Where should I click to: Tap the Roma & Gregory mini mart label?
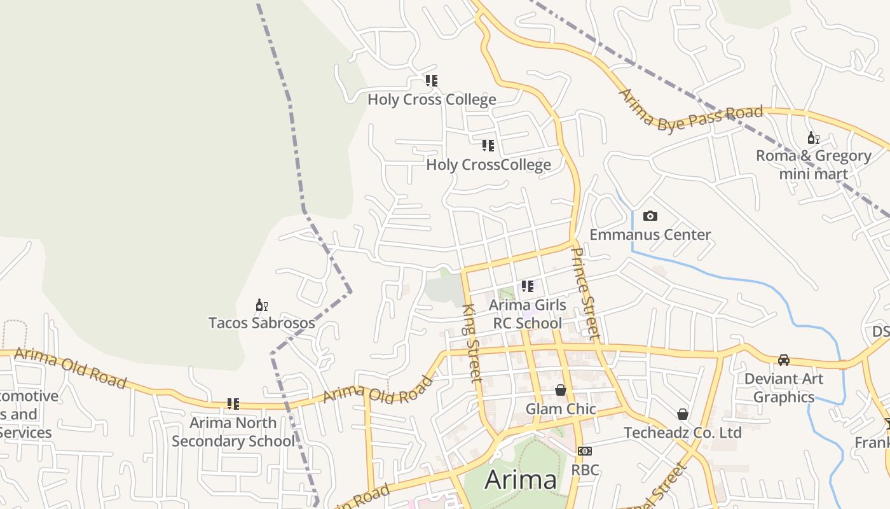click(x=813, y=165)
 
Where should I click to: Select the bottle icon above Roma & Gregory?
click(x=813, y=137)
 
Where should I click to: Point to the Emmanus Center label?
click(x=650, y=235)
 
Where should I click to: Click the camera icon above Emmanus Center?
click(x=650, y=216)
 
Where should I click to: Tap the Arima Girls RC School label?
click(x=527, y=314)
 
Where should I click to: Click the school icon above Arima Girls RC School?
click(x=527, y=286)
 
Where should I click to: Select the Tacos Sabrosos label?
click(x=261, y=323)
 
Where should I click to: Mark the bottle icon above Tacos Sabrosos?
click(x=261, y=305)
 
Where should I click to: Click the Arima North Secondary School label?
click(x=233, y=432)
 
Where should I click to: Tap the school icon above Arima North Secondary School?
click(x=233, y=404)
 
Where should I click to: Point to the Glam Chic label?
click(x=561, y=409)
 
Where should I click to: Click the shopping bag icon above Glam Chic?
click(x=561, y=390)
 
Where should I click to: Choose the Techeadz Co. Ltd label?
click(x=682, y=433)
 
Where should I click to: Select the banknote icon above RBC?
click(x=585, y=451)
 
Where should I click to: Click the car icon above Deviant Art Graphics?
click(x=784, y=360)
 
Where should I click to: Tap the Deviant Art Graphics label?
click(x=784, y=388)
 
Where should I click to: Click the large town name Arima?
click(x=521, y=480)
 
